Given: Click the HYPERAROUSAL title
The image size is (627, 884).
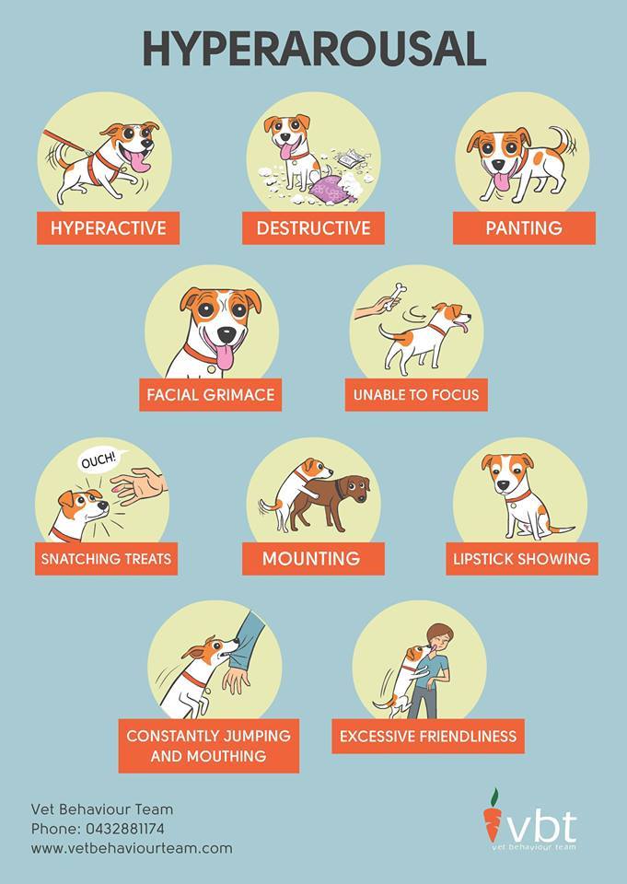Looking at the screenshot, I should pos(313,48).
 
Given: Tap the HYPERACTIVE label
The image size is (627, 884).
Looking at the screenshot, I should pos(108,228).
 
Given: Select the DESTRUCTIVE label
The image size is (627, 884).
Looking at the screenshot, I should pos(313,228).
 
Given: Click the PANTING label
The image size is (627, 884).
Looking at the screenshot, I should pos(524,228).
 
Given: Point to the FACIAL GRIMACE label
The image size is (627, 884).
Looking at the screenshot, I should pos(211,395).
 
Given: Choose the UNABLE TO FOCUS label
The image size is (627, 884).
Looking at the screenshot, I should pos(416,395).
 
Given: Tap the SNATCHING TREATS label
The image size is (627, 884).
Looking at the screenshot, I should pos(106,559).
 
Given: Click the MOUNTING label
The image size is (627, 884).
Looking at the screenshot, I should pos(310,559).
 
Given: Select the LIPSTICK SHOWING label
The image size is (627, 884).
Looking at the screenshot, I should pos(521,559).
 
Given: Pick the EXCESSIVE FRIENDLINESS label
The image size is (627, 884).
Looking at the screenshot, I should pos(428,737).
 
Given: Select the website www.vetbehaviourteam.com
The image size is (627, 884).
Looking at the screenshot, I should pos(132,848).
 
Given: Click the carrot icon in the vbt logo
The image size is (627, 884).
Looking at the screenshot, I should pos(493,816).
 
